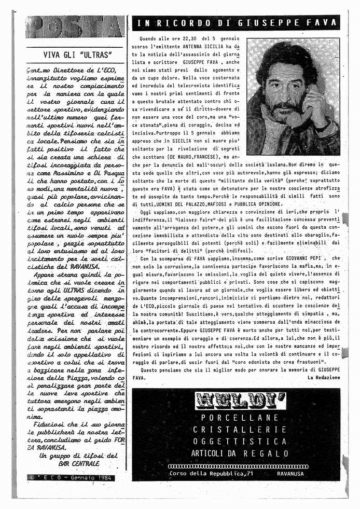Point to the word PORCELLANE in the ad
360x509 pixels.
click(x=240, y=418)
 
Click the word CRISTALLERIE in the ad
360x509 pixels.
click(x=240, y=430)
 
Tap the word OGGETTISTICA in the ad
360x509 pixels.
click(x=240, y=442)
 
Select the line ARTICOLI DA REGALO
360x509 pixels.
click(x=240, y=453)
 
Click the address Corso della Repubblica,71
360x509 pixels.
click(x=211, y=474)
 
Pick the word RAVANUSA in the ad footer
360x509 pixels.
click(x=294, y=474)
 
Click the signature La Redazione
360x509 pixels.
click(x=323, y=377)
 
